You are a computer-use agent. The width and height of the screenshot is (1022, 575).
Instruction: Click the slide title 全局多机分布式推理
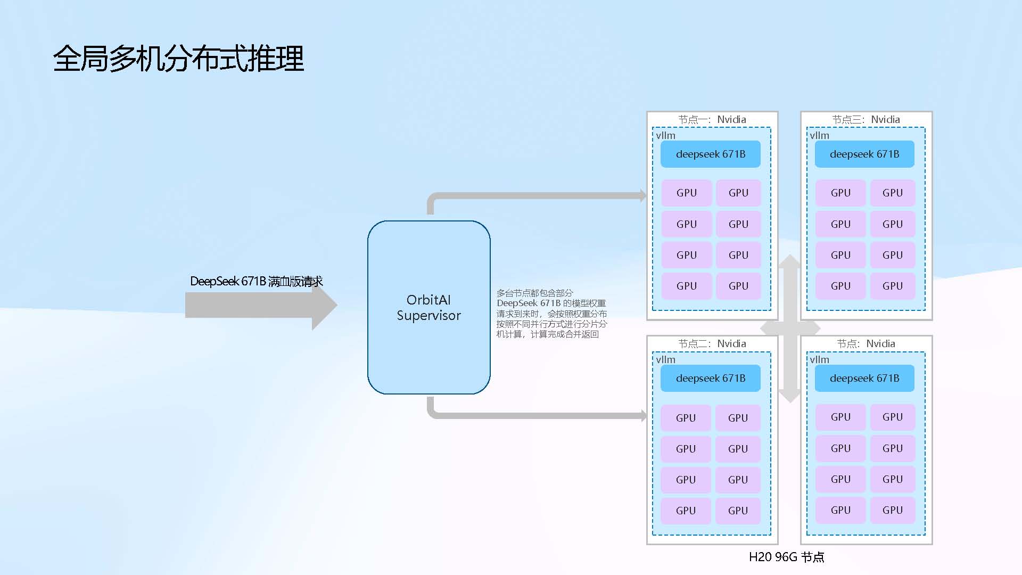click(178, 59)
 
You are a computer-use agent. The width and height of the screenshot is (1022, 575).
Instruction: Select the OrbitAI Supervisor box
click(428, 307)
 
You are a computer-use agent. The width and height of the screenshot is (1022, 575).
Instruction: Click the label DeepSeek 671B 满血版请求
click(256, 281)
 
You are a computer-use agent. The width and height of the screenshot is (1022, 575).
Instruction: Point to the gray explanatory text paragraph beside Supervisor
click(551, 314)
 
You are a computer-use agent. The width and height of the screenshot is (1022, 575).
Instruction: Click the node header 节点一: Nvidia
click(712, 119)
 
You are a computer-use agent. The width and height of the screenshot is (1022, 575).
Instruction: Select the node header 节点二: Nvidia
click(712, 343)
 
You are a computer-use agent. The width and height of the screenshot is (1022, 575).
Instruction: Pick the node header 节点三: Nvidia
click(866, 119)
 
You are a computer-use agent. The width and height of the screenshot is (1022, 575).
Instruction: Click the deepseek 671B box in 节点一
click(710, 154)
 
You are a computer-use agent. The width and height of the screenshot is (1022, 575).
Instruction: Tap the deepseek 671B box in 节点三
click(864, 154)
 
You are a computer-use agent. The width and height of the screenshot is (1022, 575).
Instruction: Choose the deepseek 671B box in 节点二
click(710, 378)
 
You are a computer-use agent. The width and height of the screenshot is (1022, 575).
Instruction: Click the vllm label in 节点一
click(665, 135)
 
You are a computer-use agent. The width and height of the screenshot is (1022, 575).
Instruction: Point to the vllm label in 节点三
click(819, 135)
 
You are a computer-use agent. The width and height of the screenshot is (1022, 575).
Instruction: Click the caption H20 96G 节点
click(786, 557)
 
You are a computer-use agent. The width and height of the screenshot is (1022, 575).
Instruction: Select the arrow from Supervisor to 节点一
click(532, 196)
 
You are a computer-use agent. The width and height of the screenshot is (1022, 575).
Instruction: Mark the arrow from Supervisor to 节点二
click(532, 415)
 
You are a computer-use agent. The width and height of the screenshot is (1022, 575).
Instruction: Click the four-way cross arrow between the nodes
click(790, 328)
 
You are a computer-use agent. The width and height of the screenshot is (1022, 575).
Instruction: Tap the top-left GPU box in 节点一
click(686, 193)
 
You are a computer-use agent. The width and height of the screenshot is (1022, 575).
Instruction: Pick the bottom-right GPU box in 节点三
click(892, 286)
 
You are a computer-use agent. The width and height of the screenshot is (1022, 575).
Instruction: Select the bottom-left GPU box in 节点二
click(686, 511)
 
